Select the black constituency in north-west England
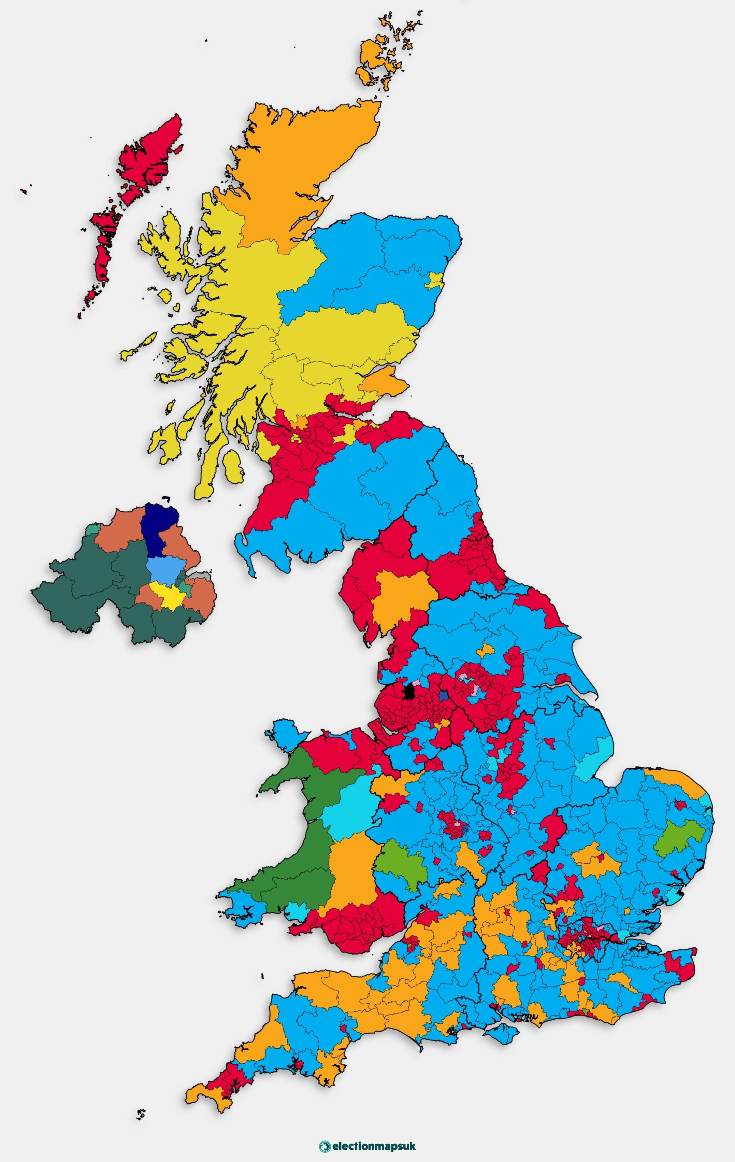click(x=410, y=691)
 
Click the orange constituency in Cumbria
click(x=403, y=598)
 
